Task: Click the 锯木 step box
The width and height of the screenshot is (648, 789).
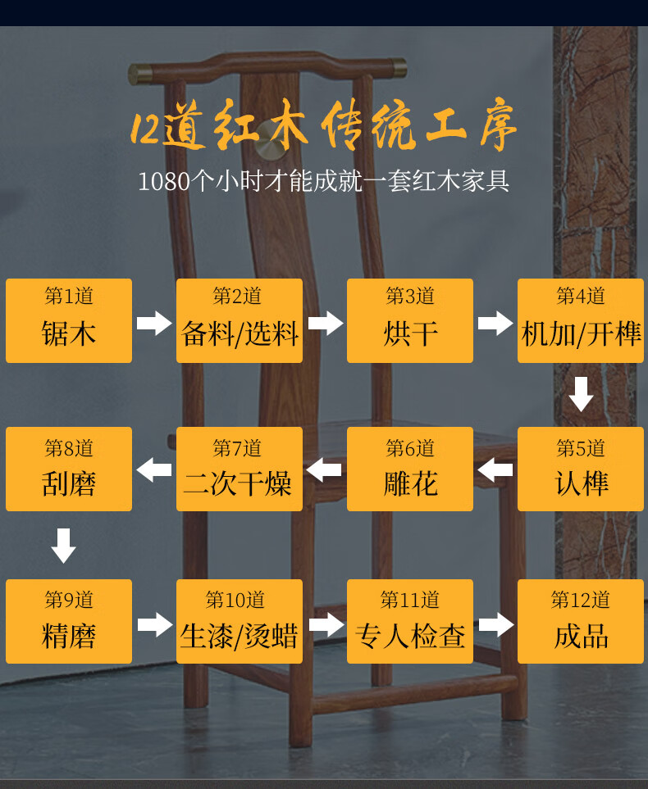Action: coord(69,320)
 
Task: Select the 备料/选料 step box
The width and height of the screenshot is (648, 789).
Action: coord(240,320)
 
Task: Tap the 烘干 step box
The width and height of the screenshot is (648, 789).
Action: coord(410,320)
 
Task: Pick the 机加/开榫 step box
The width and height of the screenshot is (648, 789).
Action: coord(581,320)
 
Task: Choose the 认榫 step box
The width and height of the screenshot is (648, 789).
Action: coord(581,469)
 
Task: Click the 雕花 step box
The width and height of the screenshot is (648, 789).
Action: coord(410,469)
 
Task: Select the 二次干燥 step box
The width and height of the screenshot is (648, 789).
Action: coord(240,469)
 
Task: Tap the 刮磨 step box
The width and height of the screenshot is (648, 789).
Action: coord(69,469)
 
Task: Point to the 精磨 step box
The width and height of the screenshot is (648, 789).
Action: coord(69,621)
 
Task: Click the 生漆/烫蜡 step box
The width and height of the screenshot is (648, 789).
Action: coord(240,621)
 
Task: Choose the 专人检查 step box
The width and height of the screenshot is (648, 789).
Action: coord(410,621)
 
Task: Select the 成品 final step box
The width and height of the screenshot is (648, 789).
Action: coord(581,621)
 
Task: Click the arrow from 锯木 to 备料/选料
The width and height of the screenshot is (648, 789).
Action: coord(154,323)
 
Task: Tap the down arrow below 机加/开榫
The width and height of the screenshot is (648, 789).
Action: coord(581,394)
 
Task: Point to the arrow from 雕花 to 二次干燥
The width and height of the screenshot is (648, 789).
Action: coord(324,470)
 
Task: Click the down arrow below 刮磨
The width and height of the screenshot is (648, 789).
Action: coord(64,546)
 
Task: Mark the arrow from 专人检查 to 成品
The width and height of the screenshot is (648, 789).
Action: coord(495,625)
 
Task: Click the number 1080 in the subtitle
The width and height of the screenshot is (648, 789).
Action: coord(164,180)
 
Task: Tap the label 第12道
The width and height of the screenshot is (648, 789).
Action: coord(581,601)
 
